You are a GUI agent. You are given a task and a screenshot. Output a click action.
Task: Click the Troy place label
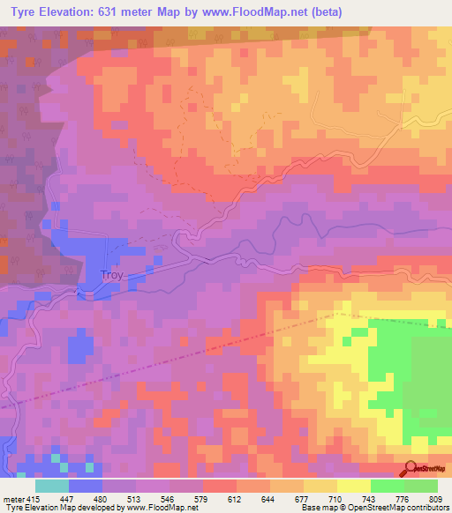click(x=113, y=274)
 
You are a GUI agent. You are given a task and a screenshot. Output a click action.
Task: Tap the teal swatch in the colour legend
click(x=52, y=486)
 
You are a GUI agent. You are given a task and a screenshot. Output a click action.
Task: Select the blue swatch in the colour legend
click(x=86, y=486)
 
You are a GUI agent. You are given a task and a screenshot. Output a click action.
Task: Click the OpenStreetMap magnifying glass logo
click(x=409, y=468)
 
